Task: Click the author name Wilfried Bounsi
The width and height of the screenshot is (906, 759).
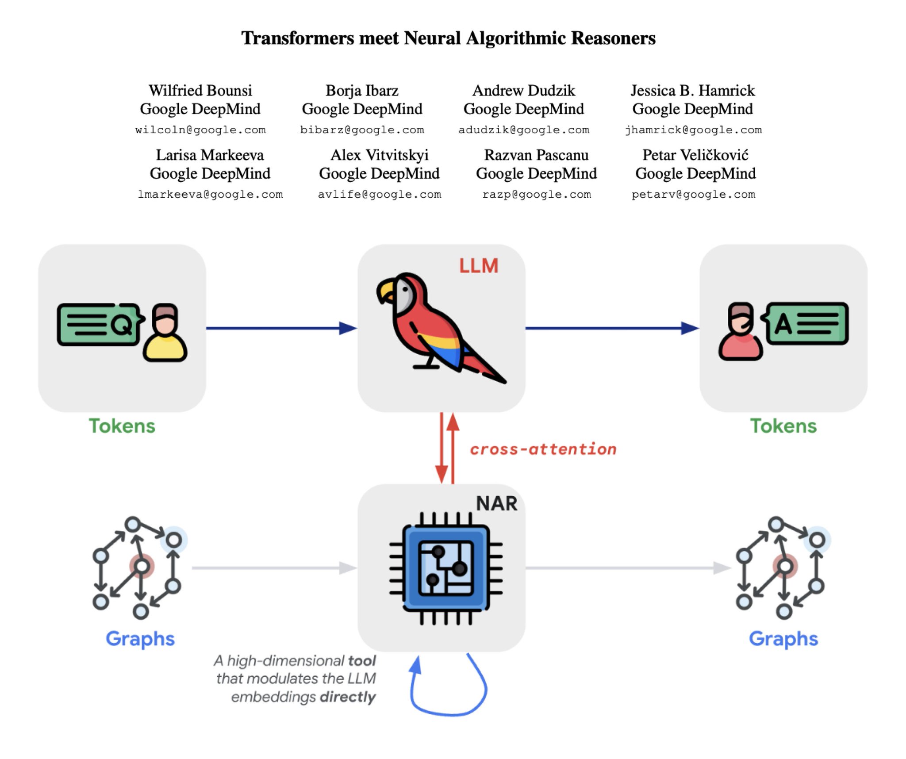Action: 200,90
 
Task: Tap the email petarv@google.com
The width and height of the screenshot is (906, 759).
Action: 693,194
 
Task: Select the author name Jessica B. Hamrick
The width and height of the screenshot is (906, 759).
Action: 692,90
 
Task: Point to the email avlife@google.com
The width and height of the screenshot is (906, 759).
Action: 380,194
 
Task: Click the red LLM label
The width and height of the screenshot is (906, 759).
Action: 479,266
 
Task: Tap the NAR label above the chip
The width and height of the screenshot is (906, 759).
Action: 496,503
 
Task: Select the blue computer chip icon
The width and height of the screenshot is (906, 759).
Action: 446,568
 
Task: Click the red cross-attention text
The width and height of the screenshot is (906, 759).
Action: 543,449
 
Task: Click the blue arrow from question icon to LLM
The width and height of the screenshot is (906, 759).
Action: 282,328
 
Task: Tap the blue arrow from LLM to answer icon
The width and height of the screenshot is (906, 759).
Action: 612,328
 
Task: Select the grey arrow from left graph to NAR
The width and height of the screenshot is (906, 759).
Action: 275,568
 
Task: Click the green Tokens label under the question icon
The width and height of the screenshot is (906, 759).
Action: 122,426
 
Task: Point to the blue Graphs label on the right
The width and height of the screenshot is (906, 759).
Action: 783,639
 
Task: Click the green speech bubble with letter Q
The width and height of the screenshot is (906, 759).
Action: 100,325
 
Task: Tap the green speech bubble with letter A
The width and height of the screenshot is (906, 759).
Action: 805,323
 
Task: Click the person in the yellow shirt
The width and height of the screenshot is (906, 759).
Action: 165,333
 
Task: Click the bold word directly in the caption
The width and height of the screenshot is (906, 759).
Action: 348,697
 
